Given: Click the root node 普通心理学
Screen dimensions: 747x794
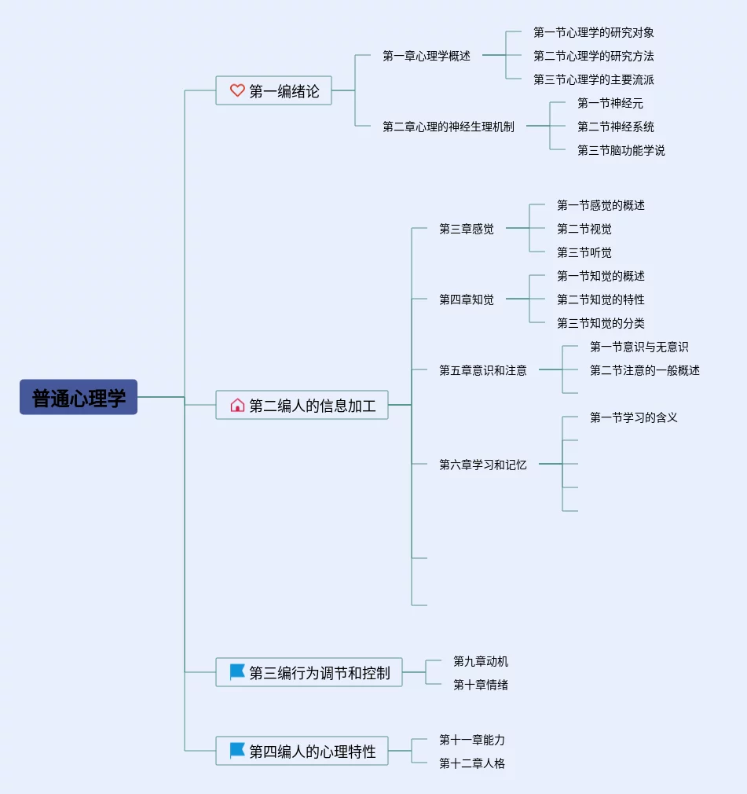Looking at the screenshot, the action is tap(79, 397).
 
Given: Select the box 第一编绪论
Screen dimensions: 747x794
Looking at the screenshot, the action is tap(274, 90).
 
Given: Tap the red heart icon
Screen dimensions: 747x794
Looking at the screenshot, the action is tap(237, 90).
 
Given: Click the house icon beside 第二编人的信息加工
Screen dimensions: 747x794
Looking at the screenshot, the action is tap(237, 405).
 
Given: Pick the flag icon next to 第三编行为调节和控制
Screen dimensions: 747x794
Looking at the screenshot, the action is tap(237, 672).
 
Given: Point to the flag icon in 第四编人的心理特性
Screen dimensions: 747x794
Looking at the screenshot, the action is tap(237, 751).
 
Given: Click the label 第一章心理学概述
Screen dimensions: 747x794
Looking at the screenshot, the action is tap(427, 56).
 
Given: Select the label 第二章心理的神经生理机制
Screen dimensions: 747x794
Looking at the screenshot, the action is tap(449, 127).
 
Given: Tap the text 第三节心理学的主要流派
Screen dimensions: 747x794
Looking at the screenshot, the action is tap(594, 79).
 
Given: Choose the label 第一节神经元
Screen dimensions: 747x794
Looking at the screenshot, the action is tap(610, 103).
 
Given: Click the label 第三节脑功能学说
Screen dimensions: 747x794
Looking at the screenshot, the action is tap(621, 150).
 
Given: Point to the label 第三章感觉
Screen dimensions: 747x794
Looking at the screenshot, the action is tap(467, 229).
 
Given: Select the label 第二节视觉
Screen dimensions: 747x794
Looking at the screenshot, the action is tap(584, 229).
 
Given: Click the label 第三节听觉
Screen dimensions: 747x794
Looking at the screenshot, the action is tap(584, 252).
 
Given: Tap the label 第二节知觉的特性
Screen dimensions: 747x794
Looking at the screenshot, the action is tap(601, 300).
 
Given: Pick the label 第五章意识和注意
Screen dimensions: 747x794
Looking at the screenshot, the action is tap(483, 371).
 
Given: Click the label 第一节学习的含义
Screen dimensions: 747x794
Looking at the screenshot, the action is tap(634, 417).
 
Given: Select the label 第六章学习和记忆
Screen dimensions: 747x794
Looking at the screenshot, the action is tap(483, 465).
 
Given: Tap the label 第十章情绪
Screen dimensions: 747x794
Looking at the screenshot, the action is tap(481, 685).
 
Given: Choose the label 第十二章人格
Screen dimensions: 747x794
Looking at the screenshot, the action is tap(472, 763).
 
